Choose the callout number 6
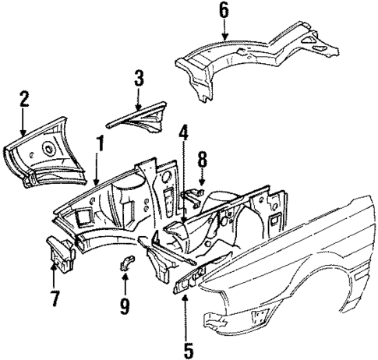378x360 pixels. pos(224,10)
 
